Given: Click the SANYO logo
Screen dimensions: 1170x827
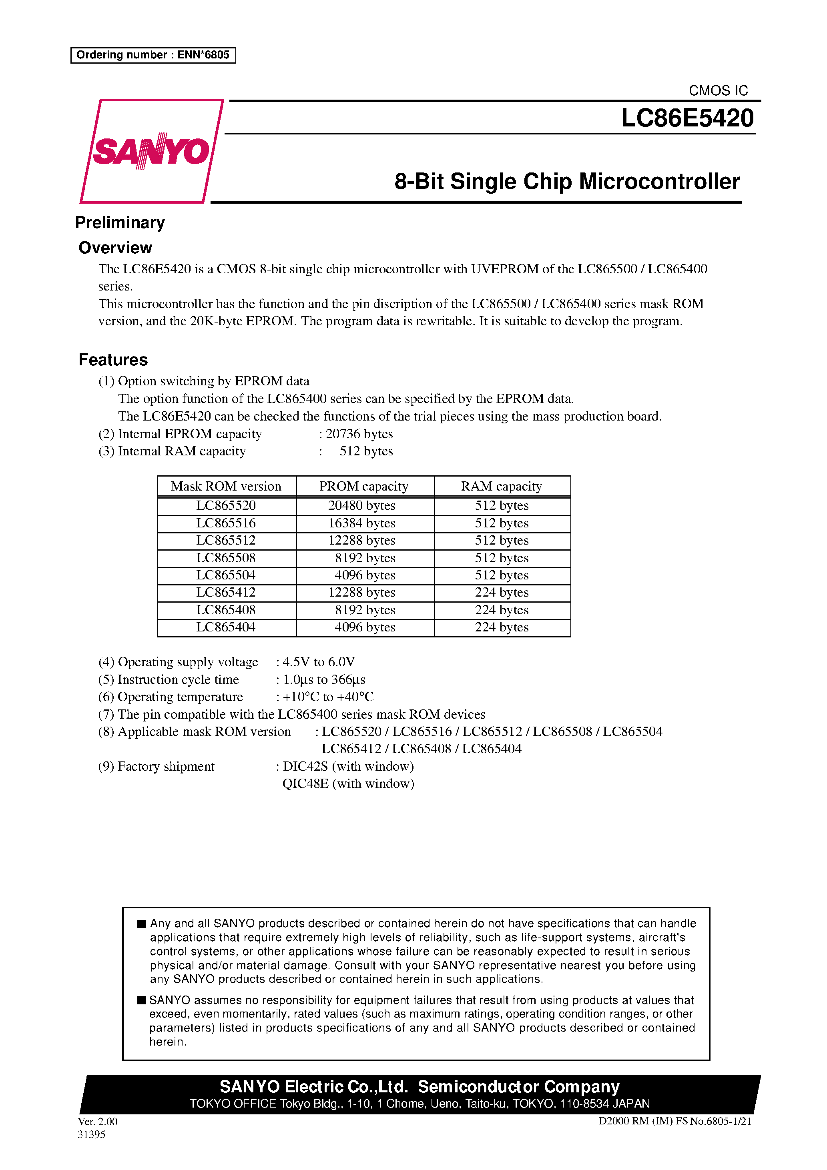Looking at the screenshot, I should (151, 151).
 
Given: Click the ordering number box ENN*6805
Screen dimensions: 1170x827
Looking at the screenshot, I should (153, 55).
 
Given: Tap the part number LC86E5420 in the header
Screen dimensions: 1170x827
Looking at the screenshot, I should (687, 118).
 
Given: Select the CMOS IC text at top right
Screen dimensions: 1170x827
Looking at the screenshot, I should (718, 91).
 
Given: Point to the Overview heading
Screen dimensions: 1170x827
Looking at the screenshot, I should (115, 248).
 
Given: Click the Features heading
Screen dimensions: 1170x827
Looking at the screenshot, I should (113, 360).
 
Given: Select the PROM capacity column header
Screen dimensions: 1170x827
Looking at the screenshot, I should (363, 486).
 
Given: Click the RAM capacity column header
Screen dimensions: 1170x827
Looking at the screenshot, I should (501, 486).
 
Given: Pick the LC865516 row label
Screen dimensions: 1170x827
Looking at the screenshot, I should (226, 523).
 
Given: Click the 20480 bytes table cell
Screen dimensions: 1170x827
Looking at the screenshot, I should (361, 505).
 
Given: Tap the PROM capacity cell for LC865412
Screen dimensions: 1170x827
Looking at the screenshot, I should (361, 592).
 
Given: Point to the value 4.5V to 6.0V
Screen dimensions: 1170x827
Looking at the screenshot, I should (319, 662).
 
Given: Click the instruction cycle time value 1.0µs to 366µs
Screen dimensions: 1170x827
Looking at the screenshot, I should (324, 679).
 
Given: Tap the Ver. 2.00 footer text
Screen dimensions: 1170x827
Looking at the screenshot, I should (97, 1122).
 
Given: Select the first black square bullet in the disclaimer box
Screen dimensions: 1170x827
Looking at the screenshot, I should (142, 924).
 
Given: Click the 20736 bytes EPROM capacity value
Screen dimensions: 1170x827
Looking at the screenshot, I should (359, 434).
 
